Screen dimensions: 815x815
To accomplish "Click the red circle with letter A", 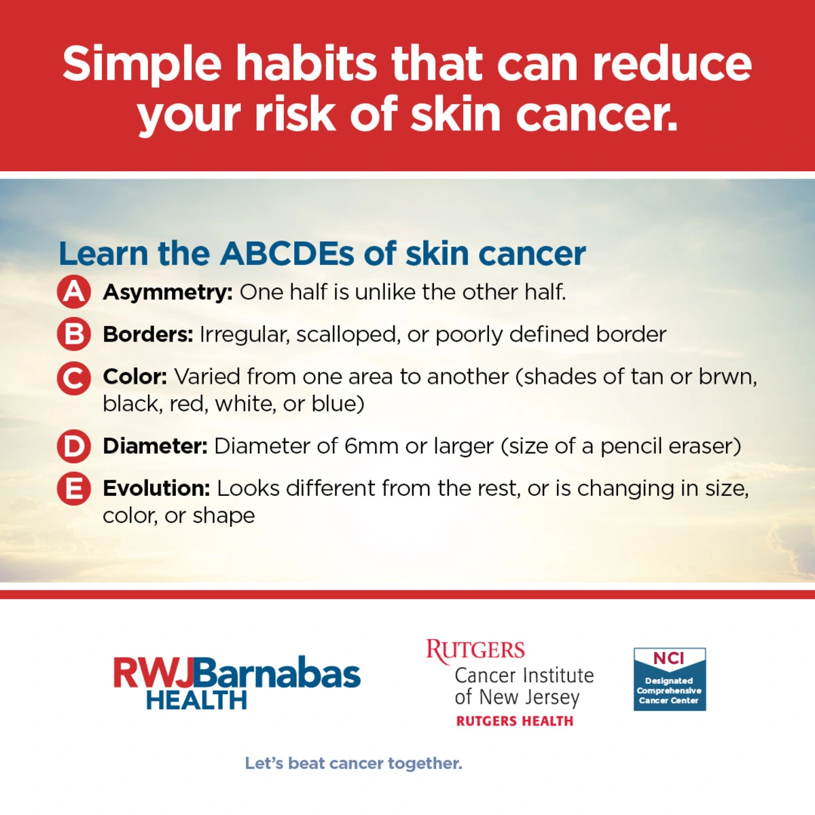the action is click(x=73, y=292).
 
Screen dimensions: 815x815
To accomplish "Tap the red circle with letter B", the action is click(x=73, y=334).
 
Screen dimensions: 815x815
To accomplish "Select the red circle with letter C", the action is click(x=73, y=378).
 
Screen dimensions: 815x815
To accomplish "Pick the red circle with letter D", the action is click(x=73, y=446).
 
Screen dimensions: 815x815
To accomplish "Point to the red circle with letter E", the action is click(x=73, y=489).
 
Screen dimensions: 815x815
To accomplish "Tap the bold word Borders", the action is click(x=148, y=335).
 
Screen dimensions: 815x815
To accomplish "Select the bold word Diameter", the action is click(x=156, y=446).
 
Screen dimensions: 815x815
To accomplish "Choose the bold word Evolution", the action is click(x=156, y=489).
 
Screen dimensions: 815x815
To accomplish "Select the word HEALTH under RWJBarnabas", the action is click(x=197, y=700).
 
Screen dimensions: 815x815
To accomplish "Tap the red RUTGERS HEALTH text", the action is click(x=515, y=721).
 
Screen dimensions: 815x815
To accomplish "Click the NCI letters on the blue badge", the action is click(x=669, y=659).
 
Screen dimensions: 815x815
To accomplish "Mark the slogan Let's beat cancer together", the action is click(x=354, y=764).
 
